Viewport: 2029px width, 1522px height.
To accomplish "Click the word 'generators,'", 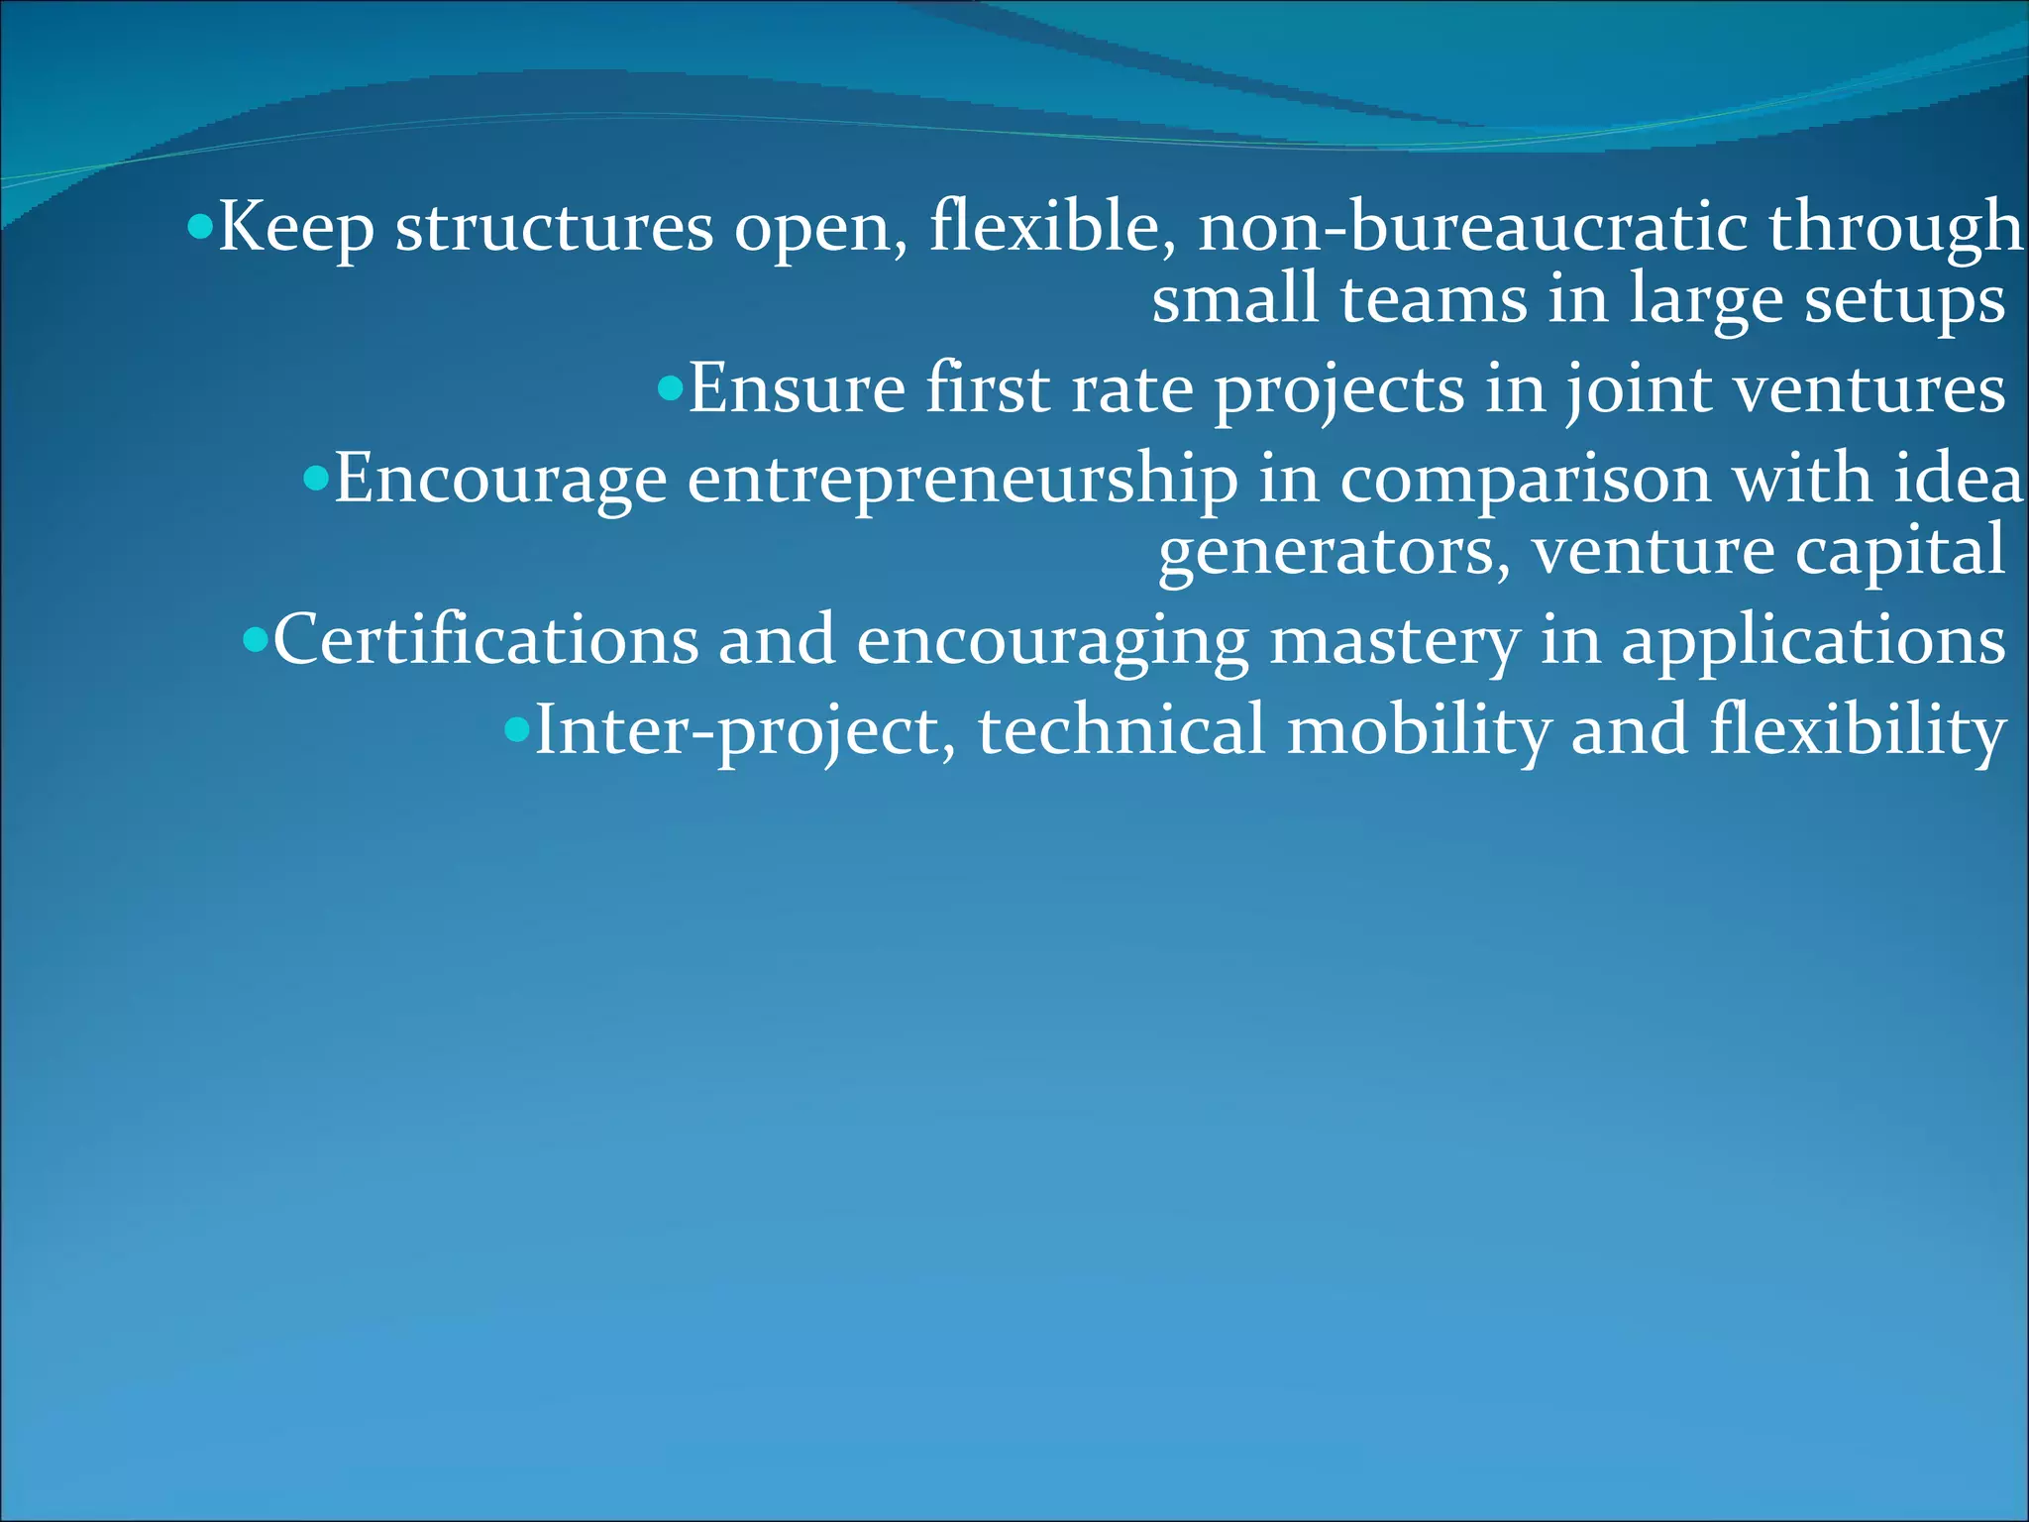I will coord(1335,553).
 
